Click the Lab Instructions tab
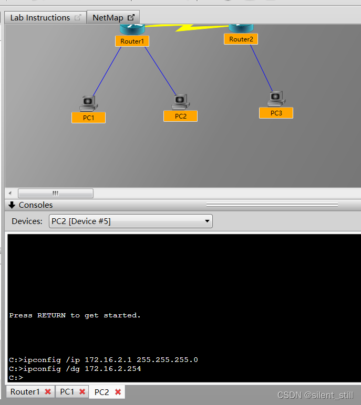(40, 18)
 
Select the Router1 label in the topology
(132, 41)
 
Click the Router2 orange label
(241, 39)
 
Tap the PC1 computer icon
(88, 102)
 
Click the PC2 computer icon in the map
(180, 101)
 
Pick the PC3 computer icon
(276, 98)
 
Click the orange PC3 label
(276, 113)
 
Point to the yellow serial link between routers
(184, 26)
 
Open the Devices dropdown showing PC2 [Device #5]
(131, 221)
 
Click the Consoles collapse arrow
(12, 205)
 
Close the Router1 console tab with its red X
(48, 392)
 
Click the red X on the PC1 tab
(82, 392)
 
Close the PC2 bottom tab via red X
(118, 392)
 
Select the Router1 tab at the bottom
(25, 392)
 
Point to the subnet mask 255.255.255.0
(167, 360)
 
